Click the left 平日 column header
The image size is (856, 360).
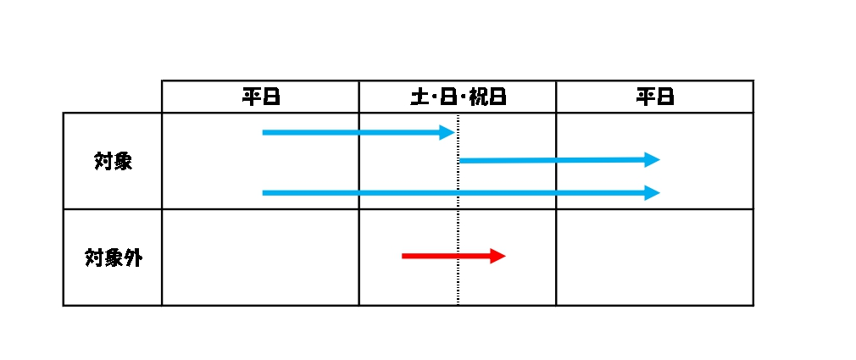tap(261, 97)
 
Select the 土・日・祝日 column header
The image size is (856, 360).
tap(458, 97)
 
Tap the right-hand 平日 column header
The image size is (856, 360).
tap(655, 97)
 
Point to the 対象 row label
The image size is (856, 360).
tap(113, 162)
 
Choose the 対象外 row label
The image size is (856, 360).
tap(113, 258)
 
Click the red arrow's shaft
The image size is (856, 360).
tap(446, 256)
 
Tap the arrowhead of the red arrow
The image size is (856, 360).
tap(497, 256)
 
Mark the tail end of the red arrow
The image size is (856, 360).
tap(403, 256)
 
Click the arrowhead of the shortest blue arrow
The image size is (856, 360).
tap(447, 132)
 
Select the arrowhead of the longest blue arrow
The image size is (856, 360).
tap(653, 192)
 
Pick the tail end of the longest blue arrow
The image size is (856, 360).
tap(263, 192)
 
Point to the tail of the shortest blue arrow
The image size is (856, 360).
tap(263, 132)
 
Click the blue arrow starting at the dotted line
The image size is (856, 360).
tap(559, 160)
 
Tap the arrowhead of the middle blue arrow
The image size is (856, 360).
tap(653, 160)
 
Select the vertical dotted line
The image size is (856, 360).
tap(458, 209)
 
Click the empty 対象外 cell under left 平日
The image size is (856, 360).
tap(260, 258)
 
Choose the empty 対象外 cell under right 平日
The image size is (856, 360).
tap(655, 258)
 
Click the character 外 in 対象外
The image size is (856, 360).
tap(133, 258)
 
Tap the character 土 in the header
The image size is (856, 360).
tap(420, 97)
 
